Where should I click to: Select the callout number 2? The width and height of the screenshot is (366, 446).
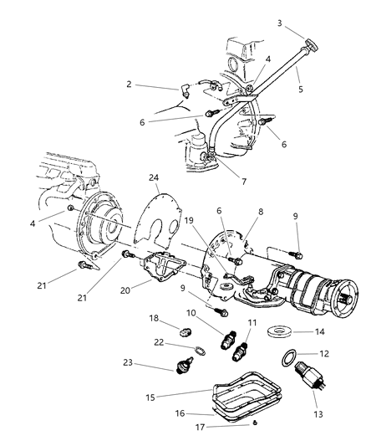pyautogui.click(x=128, y=85)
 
